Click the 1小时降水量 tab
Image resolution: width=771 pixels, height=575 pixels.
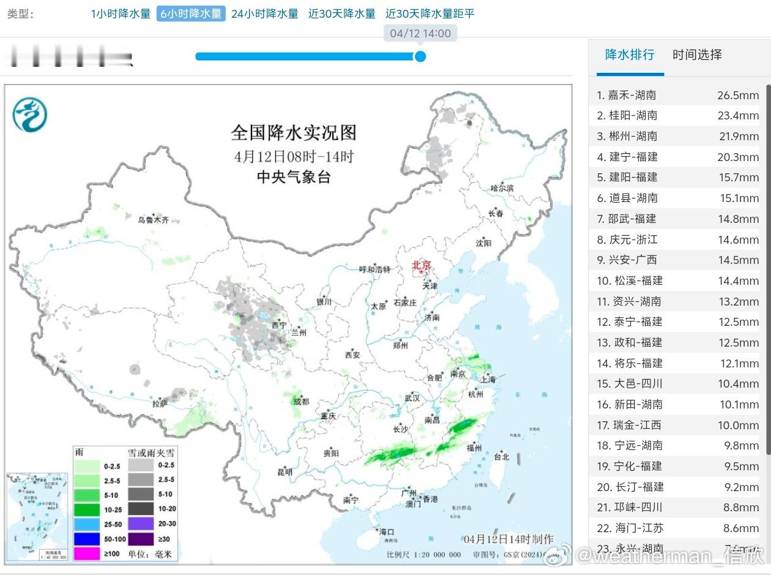(121, 13)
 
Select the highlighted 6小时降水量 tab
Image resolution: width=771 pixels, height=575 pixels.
(191, 13)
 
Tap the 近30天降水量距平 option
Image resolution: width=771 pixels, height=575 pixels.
(430, 13)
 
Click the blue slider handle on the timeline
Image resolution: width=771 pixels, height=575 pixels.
(420, 56)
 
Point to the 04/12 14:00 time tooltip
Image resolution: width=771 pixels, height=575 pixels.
(420, 34)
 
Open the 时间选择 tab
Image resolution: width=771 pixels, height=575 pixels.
(697, 54)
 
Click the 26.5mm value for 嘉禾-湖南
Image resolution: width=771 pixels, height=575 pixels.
(738, 95)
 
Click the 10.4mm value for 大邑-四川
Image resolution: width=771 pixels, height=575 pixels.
(738, 384)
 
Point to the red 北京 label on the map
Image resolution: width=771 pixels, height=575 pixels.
(422, 265)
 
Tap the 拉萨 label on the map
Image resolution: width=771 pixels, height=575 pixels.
(160, 404)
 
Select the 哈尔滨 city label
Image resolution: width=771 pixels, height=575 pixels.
(502, 188)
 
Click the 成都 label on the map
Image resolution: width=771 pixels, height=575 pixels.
(301, 402)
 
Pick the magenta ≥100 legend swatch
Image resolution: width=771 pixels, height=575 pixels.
(86, 554)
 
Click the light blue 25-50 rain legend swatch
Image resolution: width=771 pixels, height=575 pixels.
(86, 524)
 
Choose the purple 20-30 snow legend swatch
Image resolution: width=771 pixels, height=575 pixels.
(141, 524)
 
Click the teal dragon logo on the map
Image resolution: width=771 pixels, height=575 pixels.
(30, 115)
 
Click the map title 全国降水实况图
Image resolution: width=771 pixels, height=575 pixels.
(293, 132)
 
